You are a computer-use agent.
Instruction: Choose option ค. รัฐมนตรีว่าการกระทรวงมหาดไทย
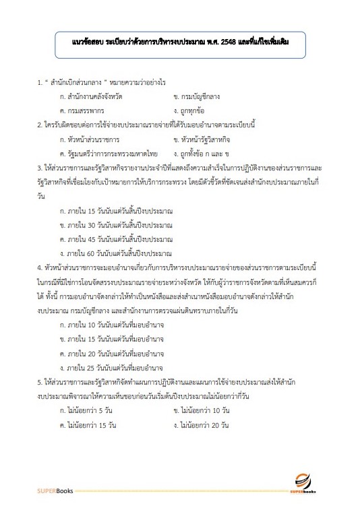[x=108, y=154]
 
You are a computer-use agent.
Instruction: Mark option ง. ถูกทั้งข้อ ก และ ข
[x=205, y=154]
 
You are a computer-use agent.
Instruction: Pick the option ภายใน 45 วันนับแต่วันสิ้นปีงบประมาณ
[x=116, y=239]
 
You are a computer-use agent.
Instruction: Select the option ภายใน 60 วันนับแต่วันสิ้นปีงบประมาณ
[x=116, y=253]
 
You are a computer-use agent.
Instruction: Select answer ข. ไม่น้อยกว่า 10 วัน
[x=202, y=410]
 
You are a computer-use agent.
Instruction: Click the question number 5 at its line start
[x=40, y=381]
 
